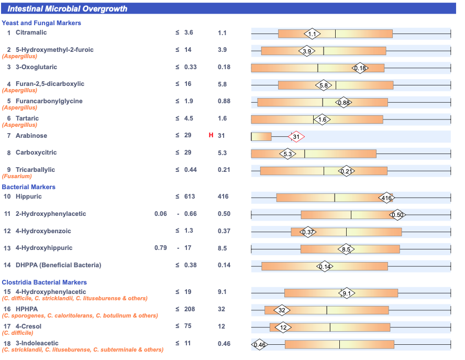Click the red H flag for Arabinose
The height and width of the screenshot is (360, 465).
coord(211,136)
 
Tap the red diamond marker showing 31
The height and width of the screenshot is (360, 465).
coord(296,137)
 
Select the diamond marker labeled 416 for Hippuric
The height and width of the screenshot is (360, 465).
coord(386,198)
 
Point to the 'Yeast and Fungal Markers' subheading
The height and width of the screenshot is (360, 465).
coord(41,23)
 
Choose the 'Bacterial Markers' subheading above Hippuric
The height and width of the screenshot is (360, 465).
coord(28,187)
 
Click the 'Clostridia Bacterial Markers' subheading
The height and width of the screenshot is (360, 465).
coord(44,282)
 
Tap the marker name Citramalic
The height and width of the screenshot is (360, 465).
coord(31,32)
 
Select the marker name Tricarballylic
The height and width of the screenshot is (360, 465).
coord(35,170)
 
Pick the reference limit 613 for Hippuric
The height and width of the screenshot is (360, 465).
coord(190,197)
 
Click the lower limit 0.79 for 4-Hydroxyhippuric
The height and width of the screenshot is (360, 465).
coord(161,248)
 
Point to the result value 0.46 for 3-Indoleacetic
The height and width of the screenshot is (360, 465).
coord(224,344)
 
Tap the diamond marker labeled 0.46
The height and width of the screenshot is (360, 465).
coord(260,345)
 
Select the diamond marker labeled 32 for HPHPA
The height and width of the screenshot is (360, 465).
coord(282,310)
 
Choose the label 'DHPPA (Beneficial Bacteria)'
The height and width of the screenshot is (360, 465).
coord(58,265)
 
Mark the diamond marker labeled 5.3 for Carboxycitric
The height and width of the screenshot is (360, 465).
coord(287,154)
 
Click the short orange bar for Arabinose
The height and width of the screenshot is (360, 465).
coord(261,137)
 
